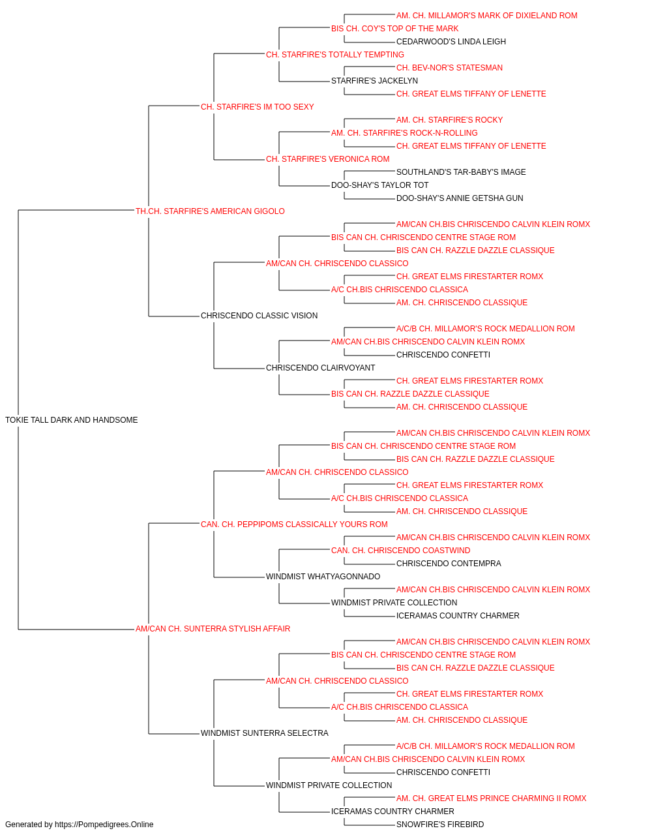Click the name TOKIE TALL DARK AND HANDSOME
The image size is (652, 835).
[x=72, y=420]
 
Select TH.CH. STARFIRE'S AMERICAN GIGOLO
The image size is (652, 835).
[x=210, y=211]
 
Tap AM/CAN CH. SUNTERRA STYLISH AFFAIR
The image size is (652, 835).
[x=213, y=629]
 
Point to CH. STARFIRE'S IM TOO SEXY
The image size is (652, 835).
[x=258, y=107]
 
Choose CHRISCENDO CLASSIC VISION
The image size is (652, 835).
[x=259, y=316]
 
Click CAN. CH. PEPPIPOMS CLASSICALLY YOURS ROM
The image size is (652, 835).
[x=294, y=524]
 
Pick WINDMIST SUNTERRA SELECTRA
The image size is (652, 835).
[x=265, y=733]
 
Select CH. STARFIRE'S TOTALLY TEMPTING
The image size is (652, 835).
[x=335, y=55]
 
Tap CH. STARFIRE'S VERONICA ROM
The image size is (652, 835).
[x=327, y=159]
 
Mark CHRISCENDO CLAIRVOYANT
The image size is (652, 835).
[x=321, y=368]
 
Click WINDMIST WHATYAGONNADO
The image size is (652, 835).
[x=323, y=577]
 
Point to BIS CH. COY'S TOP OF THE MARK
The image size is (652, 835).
[x=394, y=29]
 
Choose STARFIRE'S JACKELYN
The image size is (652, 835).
[x=374, y=81]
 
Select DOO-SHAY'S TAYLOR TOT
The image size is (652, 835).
[x=379, y=185]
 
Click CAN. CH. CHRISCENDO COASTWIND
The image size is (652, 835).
[x=400, y=551]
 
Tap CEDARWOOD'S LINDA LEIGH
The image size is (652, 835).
[x=451, y=42]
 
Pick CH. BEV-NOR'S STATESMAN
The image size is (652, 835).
[x=449, y=68]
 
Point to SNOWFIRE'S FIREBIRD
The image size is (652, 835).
[x=440, y=825]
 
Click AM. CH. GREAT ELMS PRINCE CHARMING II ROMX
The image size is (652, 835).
[x=492, y=798]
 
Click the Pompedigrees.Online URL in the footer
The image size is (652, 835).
[x=104, y=825]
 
